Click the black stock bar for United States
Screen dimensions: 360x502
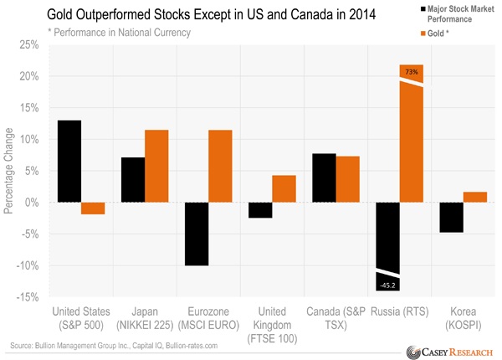69,162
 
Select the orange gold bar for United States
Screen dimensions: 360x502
93,208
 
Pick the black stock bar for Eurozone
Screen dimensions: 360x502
197,234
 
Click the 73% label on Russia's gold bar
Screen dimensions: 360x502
412,73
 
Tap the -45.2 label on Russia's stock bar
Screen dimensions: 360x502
387,285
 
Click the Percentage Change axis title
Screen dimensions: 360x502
9,171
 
